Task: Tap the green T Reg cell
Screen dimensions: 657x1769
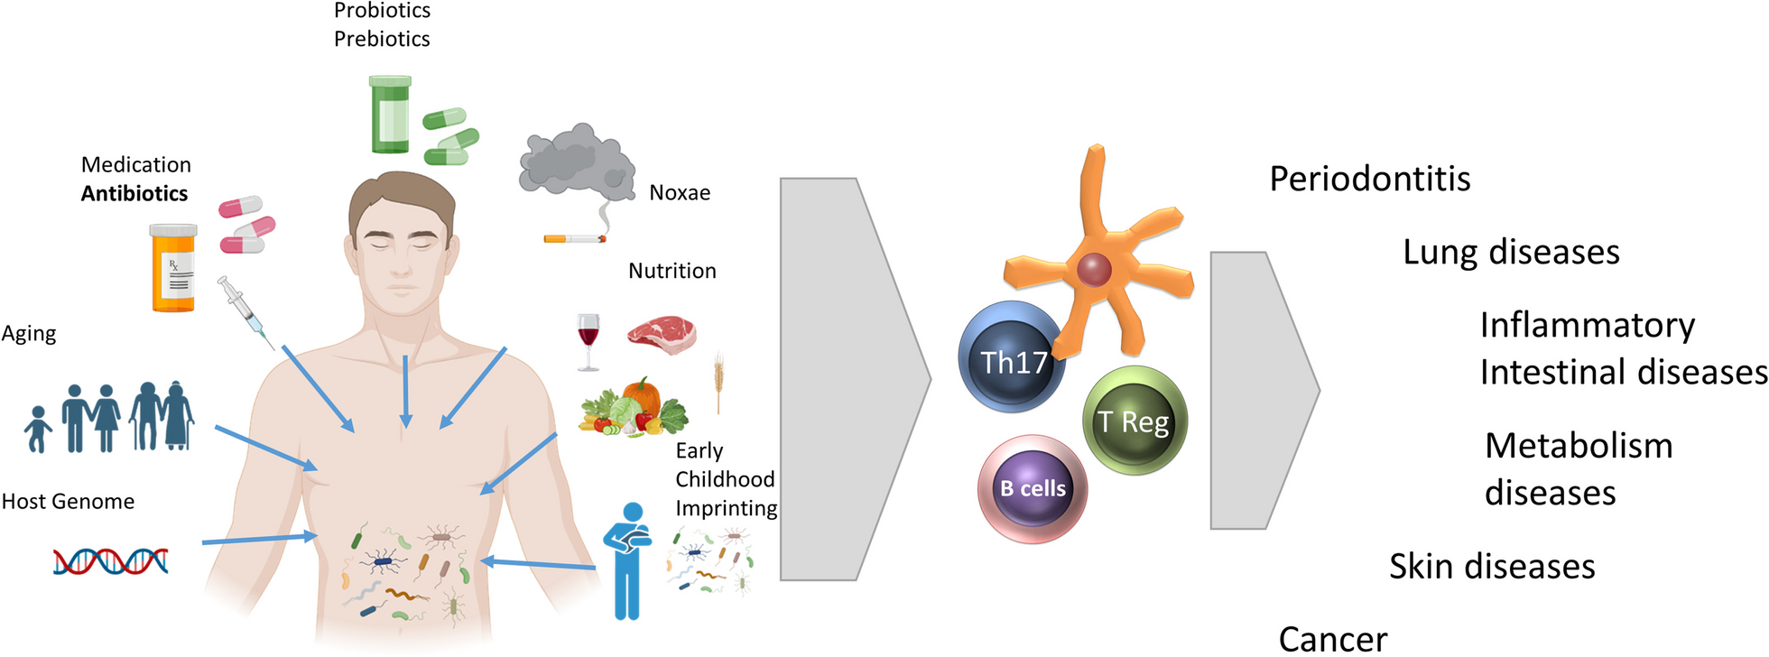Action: (x=1135, y=421)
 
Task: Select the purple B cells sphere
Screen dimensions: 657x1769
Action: (x=1033, y=488)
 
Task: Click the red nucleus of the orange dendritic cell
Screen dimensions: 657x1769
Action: (x=1094, y=268)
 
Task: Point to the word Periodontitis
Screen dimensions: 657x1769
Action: (x=1369, y=179)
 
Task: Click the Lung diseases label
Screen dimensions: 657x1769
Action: (x=1511, y=252)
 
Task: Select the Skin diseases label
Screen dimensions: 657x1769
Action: (x=1492, y=566)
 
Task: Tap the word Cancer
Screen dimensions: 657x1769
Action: (x=1333, y=639)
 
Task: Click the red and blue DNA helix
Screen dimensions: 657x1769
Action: (x=110, y=561)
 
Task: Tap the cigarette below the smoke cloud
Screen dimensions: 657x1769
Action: (x=574, y=239)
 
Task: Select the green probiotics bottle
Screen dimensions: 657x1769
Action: (x=390, y=115)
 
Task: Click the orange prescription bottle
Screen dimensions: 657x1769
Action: (x=173, y=268)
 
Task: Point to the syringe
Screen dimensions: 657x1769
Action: (x=245, y=312)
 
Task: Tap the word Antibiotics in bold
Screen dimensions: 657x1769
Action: (x=134, y=193)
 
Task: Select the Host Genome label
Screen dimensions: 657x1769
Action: (x=68, y=502)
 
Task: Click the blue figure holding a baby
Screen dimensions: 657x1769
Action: (x=629, y=560)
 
